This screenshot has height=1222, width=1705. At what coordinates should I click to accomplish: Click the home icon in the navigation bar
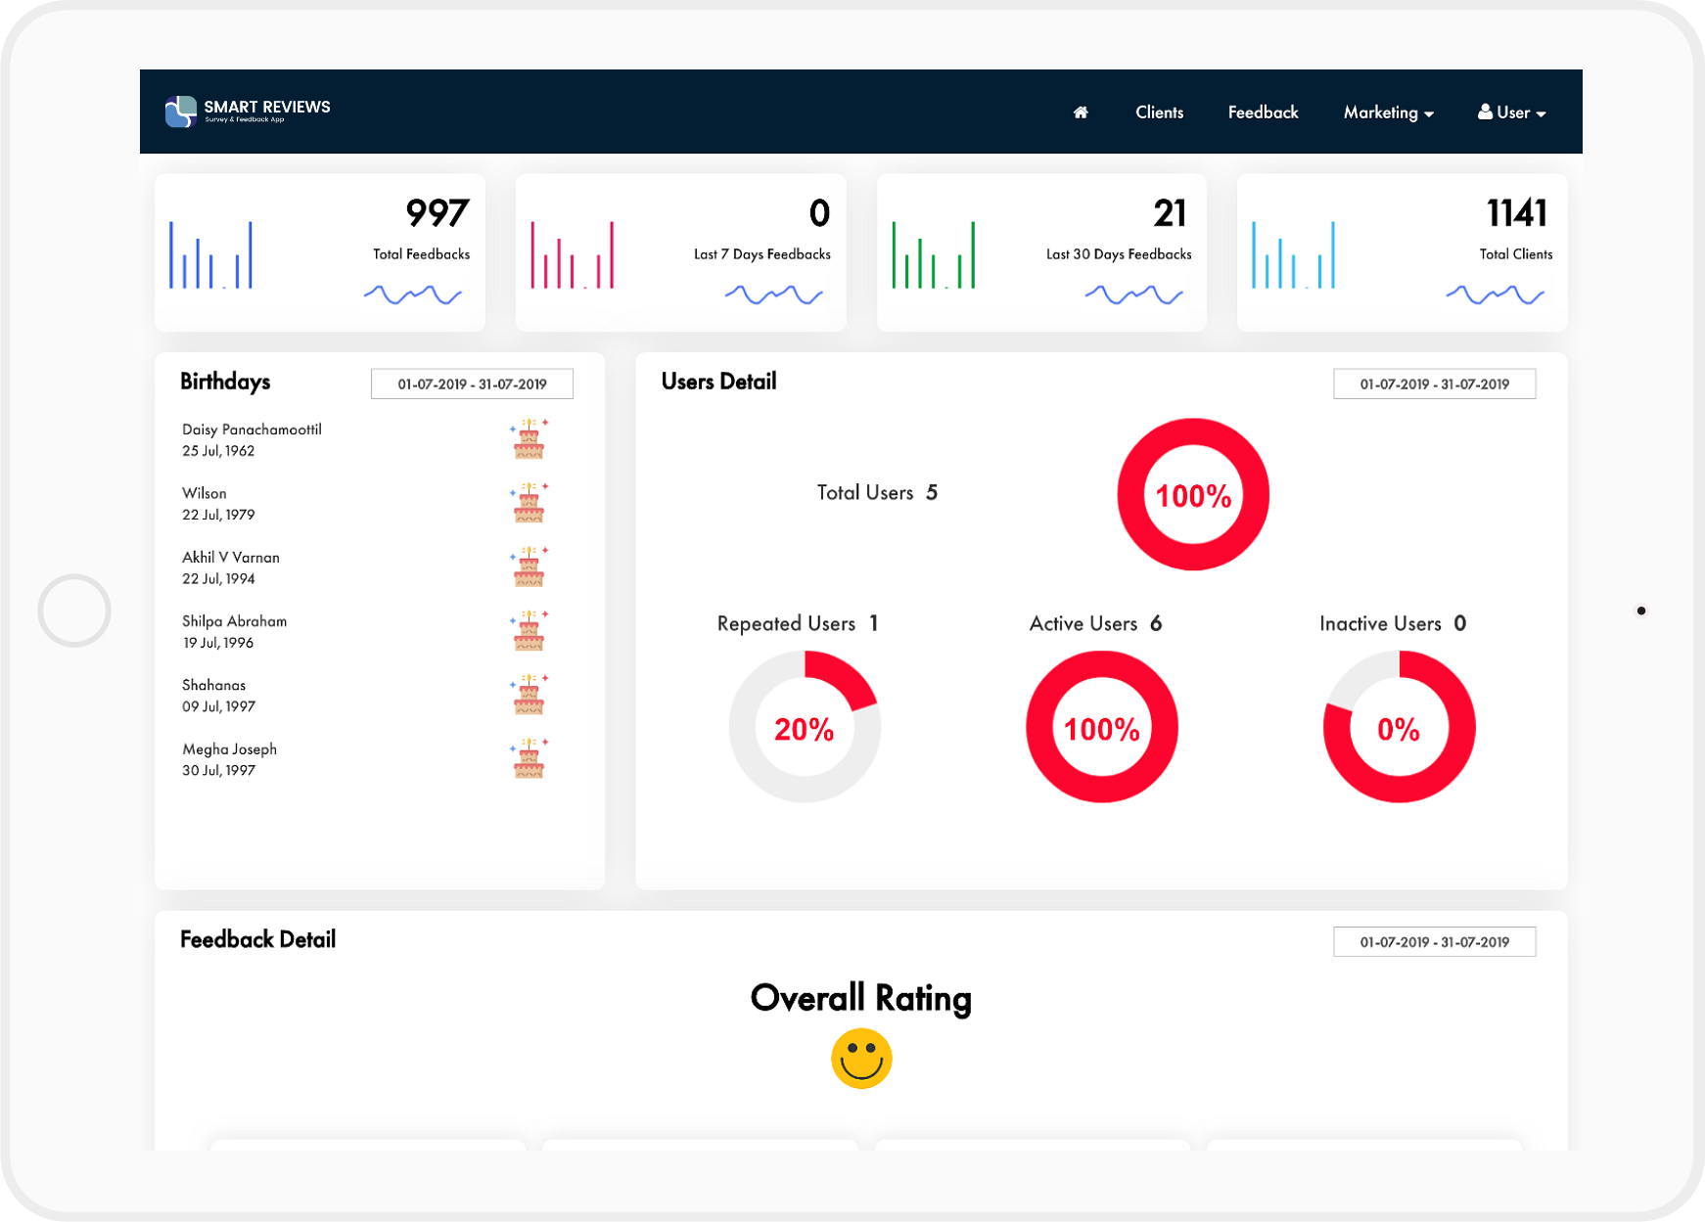tap(1081, 113)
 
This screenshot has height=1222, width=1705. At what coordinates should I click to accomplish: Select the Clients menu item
tap(1159, 113)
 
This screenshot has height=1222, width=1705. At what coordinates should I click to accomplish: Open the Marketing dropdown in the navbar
tap(1388, 113)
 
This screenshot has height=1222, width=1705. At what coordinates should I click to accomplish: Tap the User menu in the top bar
tap(1511, 113)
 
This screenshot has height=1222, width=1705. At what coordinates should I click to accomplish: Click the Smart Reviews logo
tap(248, 112)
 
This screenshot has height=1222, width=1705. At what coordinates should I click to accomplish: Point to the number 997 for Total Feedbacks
tap(437, 213)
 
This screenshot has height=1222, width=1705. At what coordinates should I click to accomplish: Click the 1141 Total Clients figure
tap(1516, 213)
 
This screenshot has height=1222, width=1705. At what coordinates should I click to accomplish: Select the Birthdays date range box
tap(472, 384)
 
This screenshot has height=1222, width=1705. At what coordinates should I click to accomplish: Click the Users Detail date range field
tap(1434, 384)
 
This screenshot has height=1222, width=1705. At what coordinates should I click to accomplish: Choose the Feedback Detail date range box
tap(1434, 942)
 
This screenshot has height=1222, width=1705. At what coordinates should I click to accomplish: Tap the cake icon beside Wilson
tap(529, 503)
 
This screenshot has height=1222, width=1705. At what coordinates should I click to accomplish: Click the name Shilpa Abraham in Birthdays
tap(234, 621)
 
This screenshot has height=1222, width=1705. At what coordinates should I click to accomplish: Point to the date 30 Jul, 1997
tap(218, 771)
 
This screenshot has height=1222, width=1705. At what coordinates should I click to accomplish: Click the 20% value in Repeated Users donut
tap(804, 729)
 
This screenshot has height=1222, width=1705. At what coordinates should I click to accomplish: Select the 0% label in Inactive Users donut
tap(1398, 729)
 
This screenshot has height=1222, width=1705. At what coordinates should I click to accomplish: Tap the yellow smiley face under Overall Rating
tap(861, 1058)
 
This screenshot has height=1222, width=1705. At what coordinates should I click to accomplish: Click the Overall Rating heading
tap(860, 998)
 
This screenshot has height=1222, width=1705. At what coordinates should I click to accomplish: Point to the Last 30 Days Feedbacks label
tap(1118, 254)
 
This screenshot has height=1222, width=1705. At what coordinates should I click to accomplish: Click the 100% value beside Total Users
tap(1193, 496)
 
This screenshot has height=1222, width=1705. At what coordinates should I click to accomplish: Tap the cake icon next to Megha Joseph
tap(529, 758)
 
